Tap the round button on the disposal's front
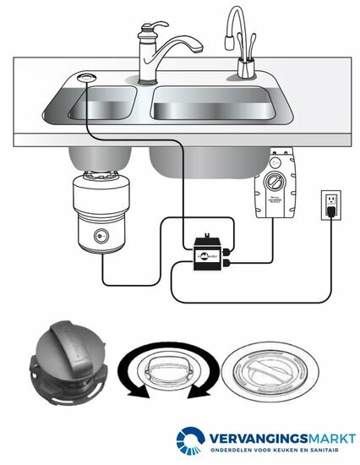pyautogui.click(x=101, y=237)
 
